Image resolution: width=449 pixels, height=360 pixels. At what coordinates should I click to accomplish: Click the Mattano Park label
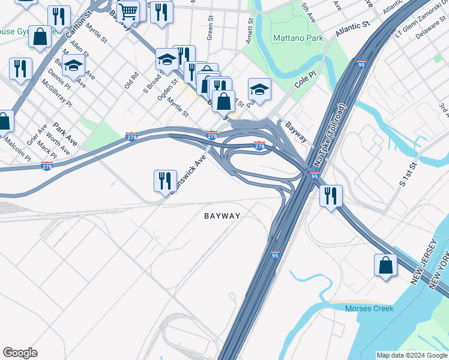298,38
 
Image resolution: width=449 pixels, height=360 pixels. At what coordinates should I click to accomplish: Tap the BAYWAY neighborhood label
222,216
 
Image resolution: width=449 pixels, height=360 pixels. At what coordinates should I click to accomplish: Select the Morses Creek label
369,308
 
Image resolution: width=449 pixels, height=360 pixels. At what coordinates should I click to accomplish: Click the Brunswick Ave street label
188,175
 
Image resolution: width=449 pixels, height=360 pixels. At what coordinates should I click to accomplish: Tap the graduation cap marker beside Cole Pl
259,89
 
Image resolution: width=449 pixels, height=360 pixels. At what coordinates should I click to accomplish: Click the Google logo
20,353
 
